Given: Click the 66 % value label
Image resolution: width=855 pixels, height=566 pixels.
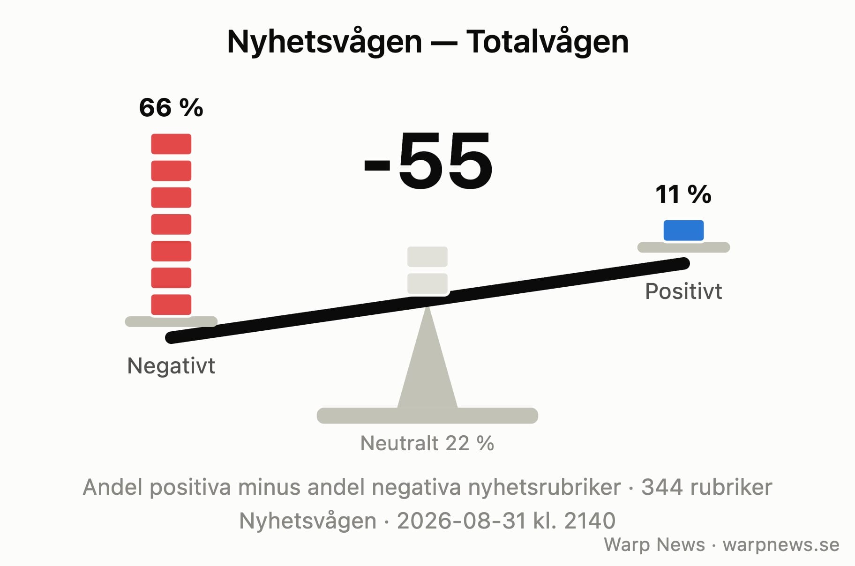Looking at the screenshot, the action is (x=171, y=108).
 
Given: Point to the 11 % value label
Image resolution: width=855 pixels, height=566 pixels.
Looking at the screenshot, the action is (x=683, y=194).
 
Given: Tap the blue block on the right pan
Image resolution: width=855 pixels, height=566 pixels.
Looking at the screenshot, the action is (x=683, y=231).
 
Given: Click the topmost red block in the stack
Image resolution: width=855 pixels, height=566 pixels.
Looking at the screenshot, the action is (x=171, y=144).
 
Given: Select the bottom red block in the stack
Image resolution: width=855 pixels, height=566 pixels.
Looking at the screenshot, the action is (x=171, y=305).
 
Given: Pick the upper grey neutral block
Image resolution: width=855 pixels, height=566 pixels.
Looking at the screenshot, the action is (x=427, y=257).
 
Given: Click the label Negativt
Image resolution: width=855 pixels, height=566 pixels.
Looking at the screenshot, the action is (x=171, y=365).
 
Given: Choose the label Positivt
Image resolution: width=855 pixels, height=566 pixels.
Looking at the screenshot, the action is (x=683, y=291).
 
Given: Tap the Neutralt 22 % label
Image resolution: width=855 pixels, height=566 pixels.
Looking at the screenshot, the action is (x=427, y=443).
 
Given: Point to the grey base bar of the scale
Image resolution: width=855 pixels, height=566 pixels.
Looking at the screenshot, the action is (x=427, y=416).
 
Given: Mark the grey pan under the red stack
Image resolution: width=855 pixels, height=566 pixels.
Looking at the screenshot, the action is (x=171, y=321).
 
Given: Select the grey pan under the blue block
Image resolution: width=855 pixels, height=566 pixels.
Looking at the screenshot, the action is (x=683, y=247).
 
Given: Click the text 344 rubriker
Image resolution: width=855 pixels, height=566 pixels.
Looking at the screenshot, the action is (x=706, y=487).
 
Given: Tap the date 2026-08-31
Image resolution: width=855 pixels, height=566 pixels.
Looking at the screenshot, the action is (x=461, y=521).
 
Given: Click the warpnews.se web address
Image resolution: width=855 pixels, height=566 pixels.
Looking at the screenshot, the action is (x=781, y=545).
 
